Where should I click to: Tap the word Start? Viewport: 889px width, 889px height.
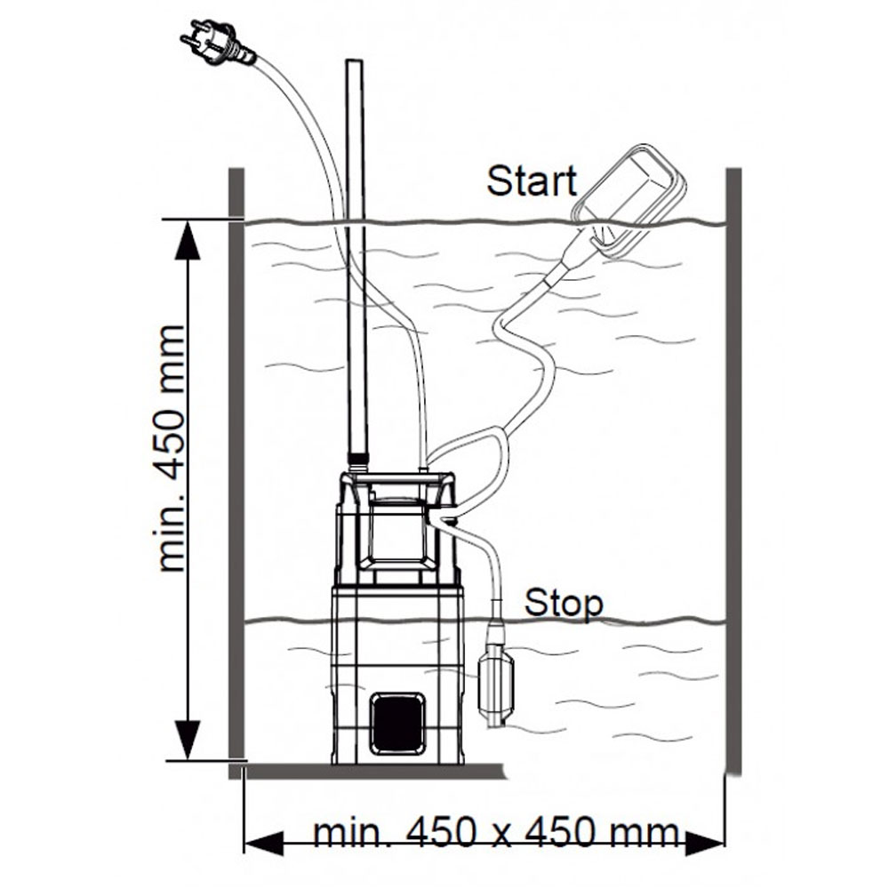click(532, 181)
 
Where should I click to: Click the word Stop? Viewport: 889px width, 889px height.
click(563, 603)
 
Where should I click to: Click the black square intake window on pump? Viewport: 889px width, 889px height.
click(397, 723)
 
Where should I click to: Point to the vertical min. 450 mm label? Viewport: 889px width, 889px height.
click(172, 449)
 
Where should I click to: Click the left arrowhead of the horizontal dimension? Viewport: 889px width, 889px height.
click(262, 839)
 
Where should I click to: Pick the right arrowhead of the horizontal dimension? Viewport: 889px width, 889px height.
click(707, 839)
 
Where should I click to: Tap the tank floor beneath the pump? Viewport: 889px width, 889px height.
click(373, 770)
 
